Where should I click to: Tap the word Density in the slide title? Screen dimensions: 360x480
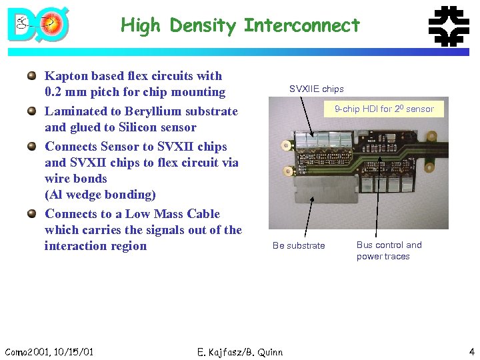(x=203, y=26)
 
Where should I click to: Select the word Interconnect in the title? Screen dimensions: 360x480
(x=301, y=26)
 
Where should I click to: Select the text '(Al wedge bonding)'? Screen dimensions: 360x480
(x=100, y=195)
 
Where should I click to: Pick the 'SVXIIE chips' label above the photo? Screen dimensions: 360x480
(x=316, y=89)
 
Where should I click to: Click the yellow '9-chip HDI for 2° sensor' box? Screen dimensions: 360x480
(x=383, y=109)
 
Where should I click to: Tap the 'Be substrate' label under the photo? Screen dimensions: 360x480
(x=299, y=246)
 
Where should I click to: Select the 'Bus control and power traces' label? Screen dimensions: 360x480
(x=389, y=251)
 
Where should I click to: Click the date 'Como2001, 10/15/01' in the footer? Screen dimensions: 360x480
(x=49, y=352)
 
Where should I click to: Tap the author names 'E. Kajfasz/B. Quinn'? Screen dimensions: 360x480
(x=240, y=352)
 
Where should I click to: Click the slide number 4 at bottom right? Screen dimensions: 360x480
(x=471, y=352)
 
